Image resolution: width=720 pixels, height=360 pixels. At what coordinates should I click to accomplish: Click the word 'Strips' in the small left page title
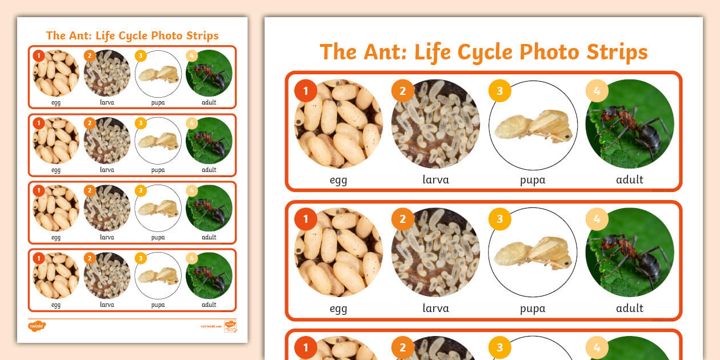click(x=202, y=35)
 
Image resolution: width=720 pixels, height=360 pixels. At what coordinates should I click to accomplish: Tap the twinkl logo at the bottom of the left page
click(x=37, y=326)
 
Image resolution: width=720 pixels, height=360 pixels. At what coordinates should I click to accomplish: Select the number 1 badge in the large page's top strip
click(x=306, y=91)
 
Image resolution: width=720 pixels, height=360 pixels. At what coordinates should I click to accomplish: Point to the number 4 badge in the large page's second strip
click(x=597, y=219)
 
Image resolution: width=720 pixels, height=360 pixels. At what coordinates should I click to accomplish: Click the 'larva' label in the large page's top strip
click(x=435, y=180)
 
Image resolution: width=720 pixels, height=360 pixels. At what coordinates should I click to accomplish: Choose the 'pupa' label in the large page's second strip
click(x=533, y=309)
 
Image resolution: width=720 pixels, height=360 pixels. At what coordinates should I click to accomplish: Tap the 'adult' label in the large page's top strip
click(x=630, y=180)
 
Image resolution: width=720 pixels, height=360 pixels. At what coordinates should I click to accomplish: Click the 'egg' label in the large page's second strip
click(x=338, y=309)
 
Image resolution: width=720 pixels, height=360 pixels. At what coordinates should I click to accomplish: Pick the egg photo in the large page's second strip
click(x=338, y=253)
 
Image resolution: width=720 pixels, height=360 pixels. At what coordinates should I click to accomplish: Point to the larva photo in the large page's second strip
click(x=435, y=253)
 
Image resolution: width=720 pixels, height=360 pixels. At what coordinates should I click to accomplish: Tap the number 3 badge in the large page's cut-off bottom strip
click(x=499, y=347)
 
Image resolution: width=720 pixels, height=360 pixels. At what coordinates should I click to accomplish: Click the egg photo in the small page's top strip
click(x=56, y=74)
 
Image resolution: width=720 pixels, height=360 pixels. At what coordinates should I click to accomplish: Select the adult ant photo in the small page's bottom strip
click(x=209, y=275)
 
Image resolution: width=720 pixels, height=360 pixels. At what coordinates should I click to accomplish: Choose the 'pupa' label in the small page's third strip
click(x=158, y=237)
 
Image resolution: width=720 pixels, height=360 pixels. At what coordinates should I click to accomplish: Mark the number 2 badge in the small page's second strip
click(x=89, y=123)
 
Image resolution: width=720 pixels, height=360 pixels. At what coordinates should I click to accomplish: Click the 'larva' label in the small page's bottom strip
click(x=107, y=305)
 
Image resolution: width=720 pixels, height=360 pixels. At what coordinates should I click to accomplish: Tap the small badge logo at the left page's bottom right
click(x=230, y=326)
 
